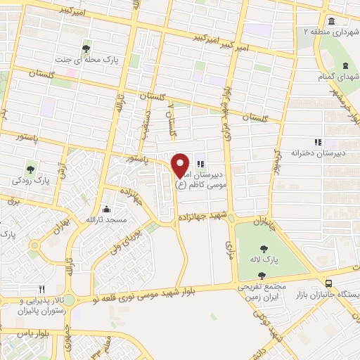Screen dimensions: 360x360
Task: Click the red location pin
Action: (x=180, y=165)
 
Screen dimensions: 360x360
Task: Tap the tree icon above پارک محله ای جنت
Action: (x=86, y=49)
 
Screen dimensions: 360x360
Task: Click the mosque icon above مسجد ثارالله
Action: (x=105, y=209)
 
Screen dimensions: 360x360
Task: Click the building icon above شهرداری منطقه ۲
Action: (x=330, y=21)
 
